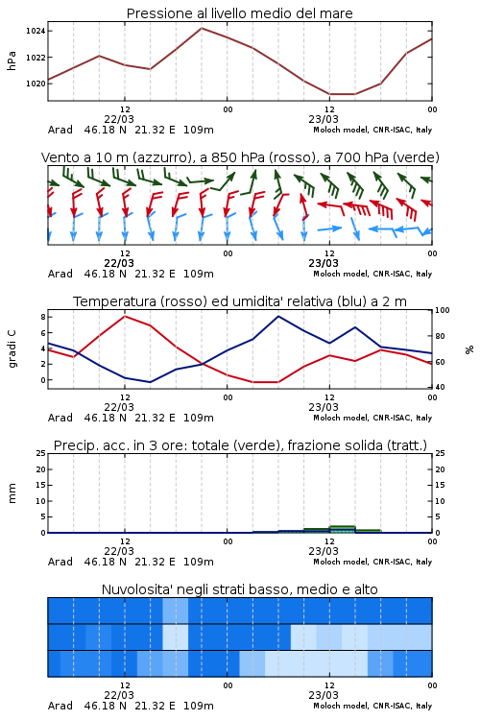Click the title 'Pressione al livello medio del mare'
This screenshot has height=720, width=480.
coord(239,13)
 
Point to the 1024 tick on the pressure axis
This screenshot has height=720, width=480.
coord(36,31)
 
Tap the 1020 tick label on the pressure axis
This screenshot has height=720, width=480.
coord(36,84)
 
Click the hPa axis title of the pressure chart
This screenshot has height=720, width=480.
coord(12,60)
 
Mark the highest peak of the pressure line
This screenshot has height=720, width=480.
coord(202,28)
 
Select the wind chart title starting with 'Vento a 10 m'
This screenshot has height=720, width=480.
coord(240,157)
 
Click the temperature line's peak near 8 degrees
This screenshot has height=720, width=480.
coord(125,316)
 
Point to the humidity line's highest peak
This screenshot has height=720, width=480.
coord(278,316)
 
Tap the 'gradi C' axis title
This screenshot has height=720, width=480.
coord(12,348)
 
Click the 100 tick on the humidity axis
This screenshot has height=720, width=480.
coord(443,310)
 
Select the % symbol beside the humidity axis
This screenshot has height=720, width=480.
coord(469,349)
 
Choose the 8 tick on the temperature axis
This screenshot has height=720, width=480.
coord(43,317)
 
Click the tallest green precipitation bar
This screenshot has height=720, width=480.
coord(342,529)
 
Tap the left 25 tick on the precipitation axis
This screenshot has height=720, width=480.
coord(41,453)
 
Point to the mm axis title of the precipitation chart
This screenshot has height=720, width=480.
coord(12,493)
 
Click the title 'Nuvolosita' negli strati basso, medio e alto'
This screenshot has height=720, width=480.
coord(239,589)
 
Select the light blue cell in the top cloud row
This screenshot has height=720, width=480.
coord(176,611)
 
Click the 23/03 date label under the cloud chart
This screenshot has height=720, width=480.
coord(324,695)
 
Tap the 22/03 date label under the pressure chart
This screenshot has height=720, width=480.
coord(119,119)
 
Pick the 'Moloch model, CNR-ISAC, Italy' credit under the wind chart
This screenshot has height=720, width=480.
coord(372,274)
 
